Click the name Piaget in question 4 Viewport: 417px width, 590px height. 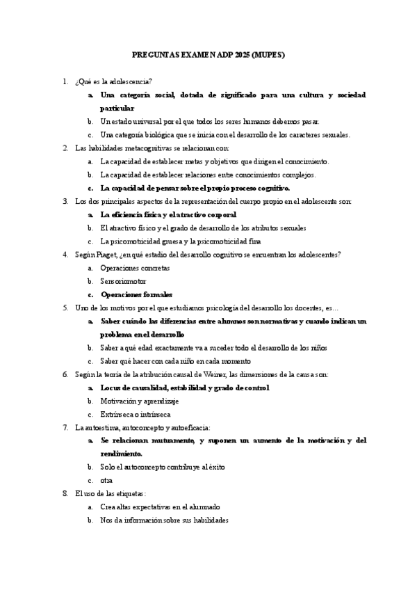coord(106,254)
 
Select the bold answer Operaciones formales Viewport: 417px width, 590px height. coord(136,294)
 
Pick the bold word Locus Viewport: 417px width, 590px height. coord(111,388)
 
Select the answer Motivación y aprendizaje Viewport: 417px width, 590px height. coord(140,401)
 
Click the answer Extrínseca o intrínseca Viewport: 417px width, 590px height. coord(136,414)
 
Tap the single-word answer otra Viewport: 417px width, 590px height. coord(107,480)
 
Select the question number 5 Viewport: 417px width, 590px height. coord(65,307)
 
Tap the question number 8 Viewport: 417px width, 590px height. coord(65,493)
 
